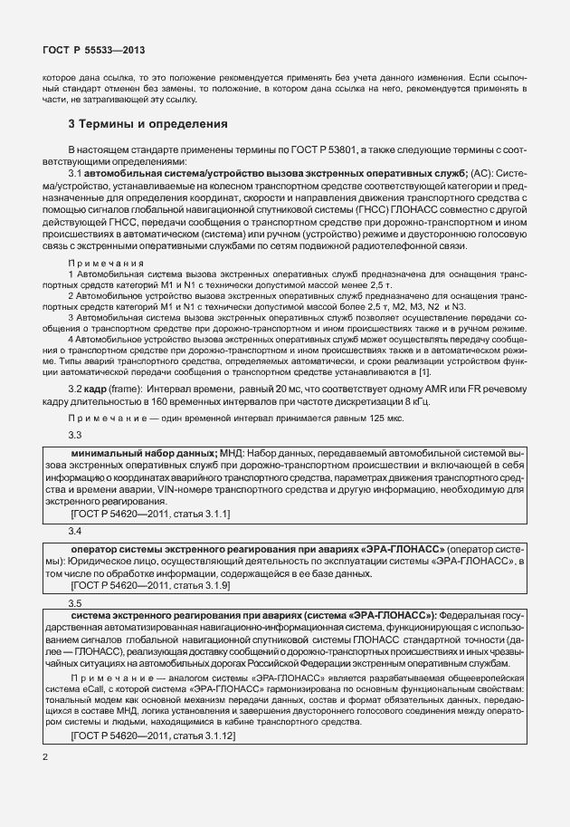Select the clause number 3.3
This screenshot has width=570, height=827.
[76, 436]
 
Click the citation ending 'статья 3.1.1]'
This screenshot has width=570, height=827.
[199, 514]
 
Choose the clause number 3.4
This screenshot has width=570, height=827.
[76, 530]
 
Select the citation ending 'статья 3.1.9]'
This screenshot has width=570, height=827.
[199, 585]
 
